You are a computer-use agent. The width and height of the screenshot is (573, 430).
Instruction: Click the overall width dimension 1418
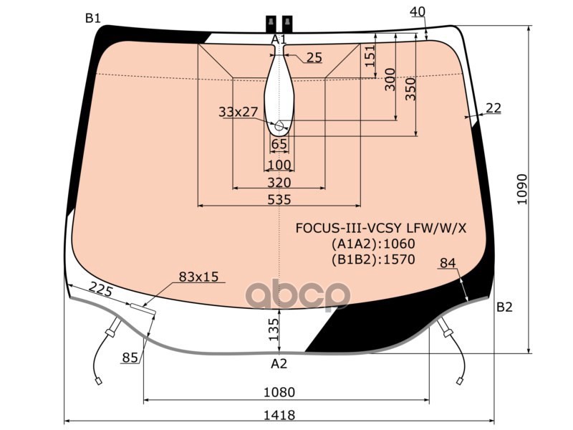click(279, 415)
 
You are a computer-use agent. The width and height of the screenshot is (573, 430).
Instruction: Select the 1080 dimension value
click(279, 392)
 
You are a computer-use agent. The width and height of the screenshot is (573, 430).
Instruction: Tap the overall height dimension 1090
click(523, 189)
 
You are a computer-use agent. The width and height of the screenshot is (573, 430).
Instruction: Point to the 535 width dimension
click(279, 200)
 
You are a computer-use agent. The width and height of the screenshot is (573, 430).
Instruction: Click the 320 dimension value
click(279, 183)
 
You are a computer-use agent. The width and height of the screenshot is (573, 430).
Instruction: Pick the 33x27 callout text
click(239, 112)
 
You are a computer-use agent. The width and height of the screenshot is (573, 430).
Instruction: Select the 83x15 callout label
click(198, 277)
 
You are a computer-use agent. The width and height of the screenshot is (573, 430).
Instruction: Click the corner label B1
click(93, 18)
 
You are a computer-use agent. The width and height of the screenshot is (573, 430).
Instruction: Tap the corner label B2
click(504, 307)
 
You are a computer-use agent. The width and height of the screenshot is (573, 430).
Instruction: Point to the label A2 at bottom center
click(279, 363)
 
